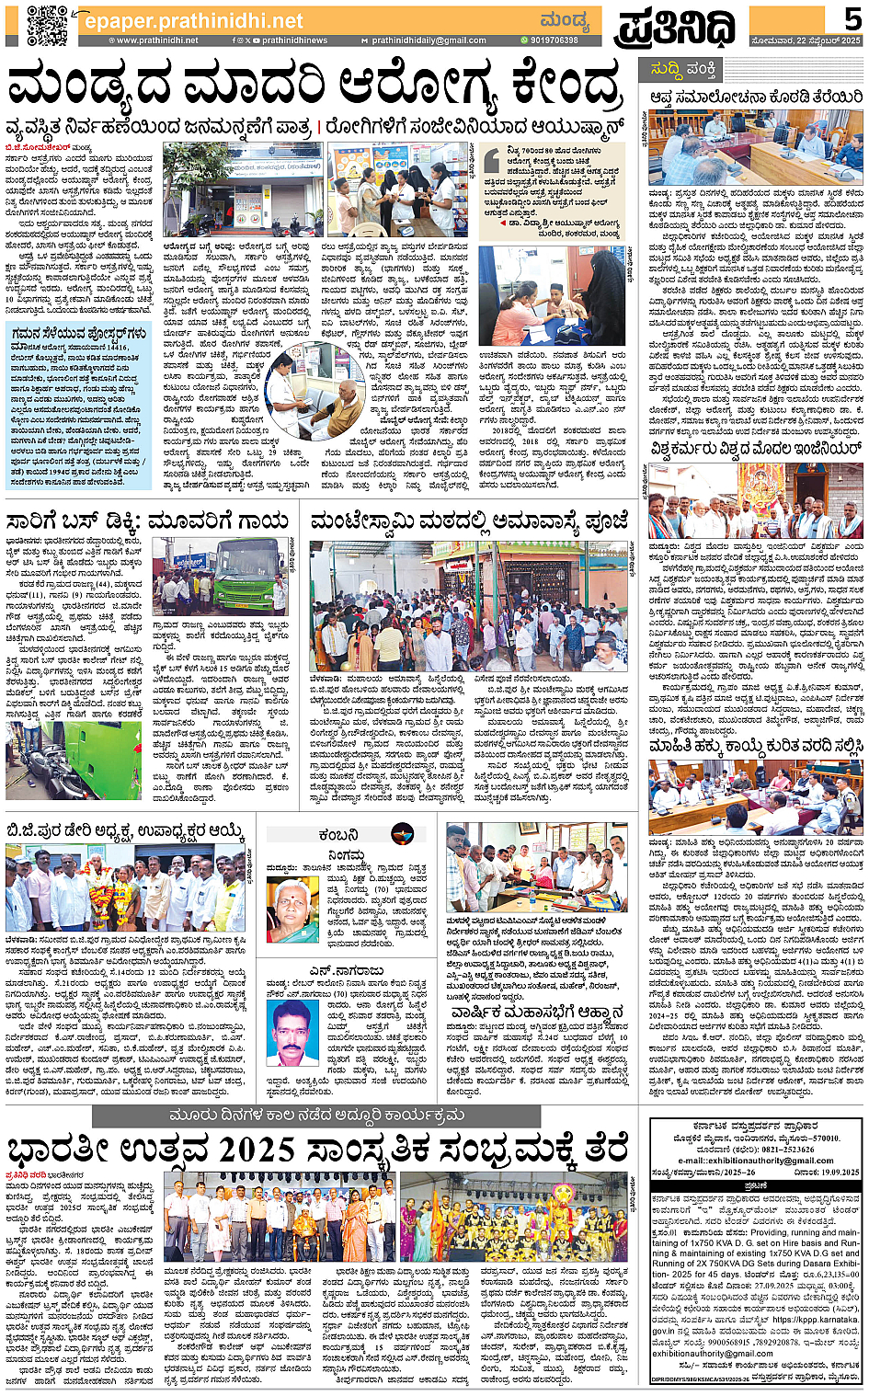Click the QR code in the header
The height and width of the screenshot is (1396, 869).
(47, 25)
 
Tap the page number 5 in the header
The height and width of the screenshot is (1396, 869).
(852, 20)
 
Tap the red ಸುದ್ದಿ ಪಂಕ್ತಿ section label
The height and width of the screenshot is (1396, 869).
(683, 69)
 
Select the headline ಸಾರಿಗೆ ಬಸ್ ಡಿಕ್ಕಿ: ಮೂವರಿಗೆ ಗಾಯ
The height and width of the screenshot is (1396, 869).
(147, 521)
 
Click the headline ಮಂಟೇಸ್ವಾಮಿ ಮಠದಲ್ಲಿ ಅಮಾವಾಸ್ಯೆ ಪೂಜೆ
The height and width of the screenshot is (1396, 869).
(470, 521)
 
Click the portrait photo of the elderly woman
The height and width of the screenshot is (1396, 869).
(292, 910)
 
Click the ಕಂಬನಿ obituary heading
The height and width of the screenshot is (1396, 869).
(338, 835)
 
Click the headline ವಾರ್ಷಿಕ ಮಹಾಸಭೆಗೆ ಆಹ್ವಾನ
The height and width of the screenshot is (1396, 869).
(537, 1013)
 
